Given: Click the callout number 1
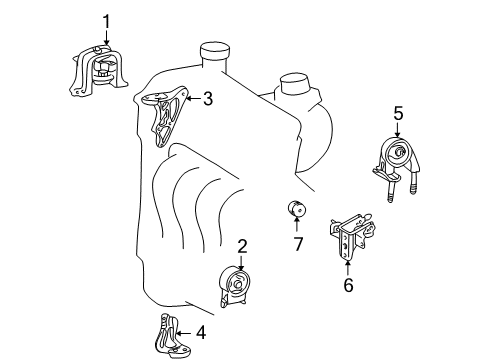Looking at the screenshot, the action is point(106,22).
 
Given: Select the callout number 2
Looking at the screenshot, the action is point(242,246).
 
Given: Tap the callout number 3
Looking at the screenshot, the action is point(208,99).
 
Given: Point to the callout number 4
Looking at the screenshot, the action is point(201,333).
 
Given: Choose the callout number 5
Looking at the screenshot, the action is point(398,113).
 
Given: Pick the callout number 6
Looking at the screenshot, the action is point(348,285).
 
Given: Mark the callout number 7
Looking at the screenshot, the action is point(298,244).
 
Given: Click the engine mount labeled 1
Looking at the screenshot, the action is point(98,71).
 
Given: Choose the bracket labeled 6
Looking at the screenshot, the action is point(352,237).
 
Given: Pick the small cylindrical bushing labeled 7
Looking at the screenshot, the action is point(297,208).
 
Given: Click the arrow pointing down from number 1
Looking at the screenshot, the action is point(106,38).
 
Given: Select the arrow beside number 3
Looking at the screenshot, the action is point(193,99).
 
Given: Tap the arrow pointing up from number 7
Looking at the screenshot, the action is point(296,224).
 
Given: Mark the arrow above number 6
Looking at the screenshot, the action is point(348,269).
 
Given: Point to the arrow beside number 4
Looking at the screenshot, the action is point(184,333).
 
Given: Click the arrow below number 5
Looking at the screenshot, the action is point(397,130).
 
